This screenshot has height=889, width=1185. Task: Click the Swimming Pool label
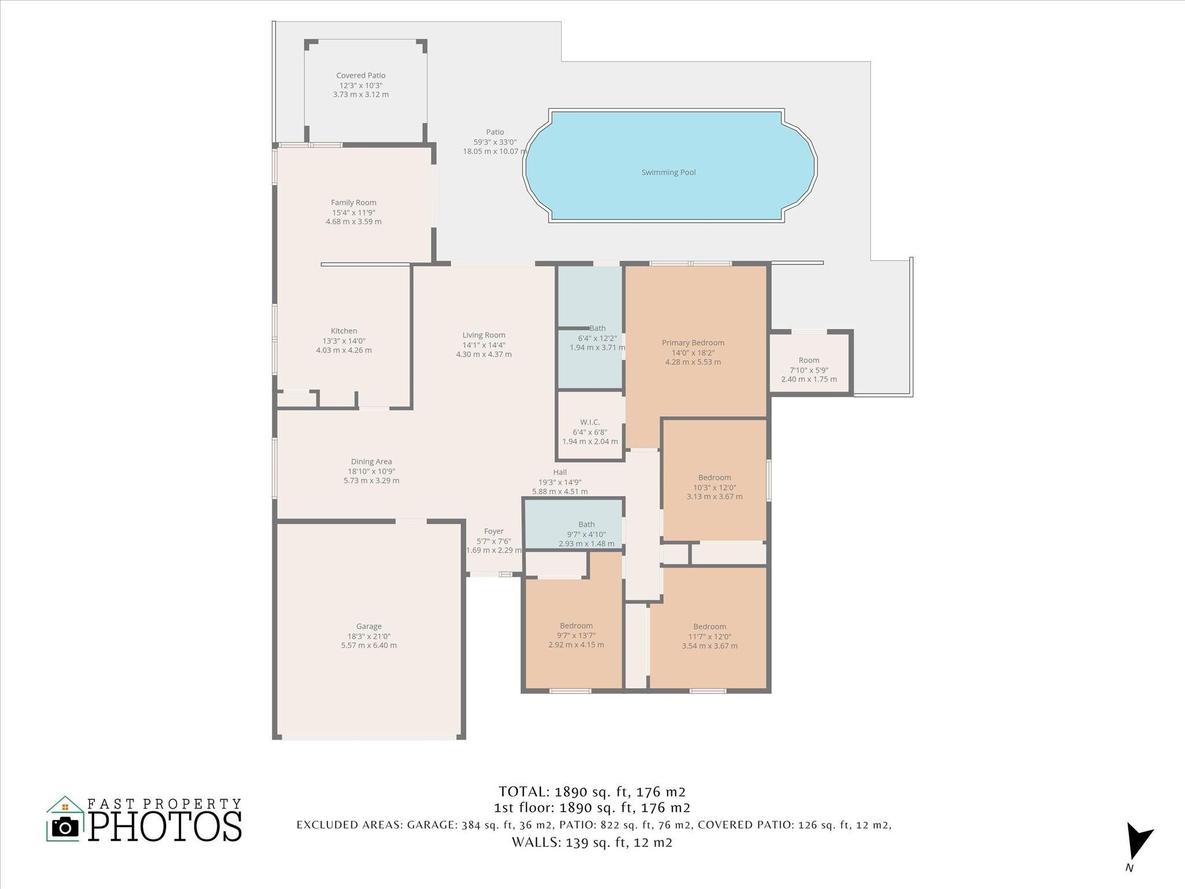(x=668, y=172)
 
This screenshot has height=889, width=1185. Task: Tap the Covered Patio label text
(x=360, y=76)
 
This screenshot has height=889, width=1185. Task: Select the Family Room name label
(x=354, y=203)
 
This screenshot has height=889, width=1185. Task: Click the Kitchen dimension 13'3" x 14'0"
(x=344, y=341)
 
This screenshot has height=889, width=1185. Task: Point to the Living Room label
(x=484, y=335)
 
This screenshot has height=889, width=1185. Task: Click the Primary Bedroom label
(x=693, y=343)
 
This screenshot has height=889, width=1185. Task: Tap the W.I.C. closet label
(x=590, y=422)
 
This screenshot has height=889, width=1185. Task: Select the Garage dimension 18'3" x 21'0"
(x=369, y=636)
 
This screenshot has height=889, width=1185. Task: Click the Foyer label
(x=494, y=531)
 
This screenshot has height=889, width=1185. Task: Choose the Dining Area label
(x=371, y=462)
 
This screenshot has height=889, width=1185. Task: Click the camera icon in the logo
(x=65, y=828)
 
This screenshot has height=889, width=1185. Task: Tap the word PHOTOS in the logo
(x=165, y=826)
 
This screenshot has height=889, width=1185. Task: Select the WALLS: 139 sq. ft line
(x=591, y=842)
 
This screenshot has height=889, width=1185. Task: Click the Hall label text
(x=560, y=472)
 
